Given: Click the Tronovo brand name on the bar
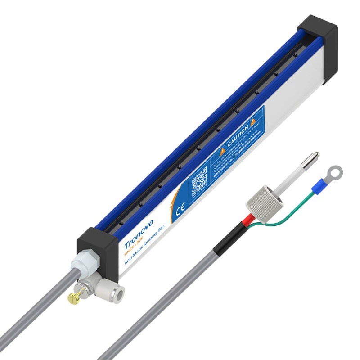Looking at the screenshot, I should (x=138, y=234).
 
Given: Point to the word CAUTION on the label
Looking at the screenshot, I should (x=238, y=134).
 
